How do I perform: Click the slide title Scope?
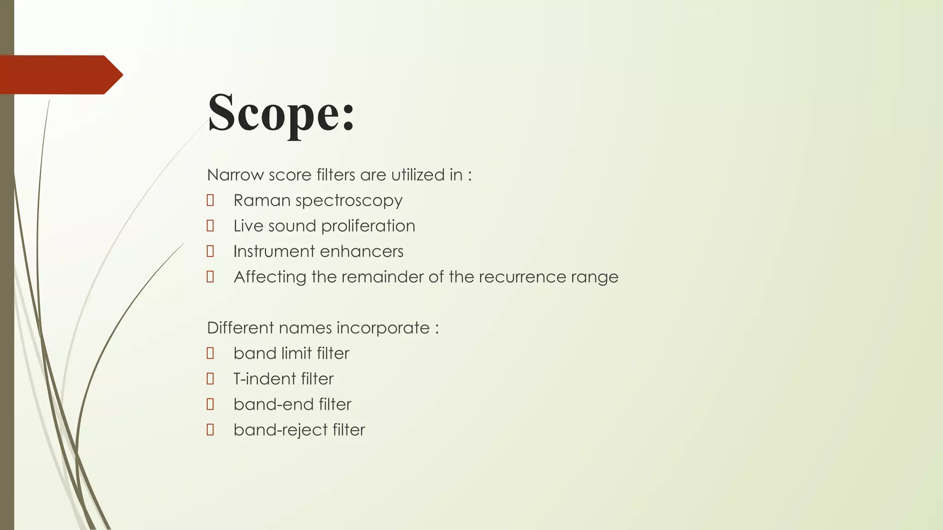[x=281, y=113]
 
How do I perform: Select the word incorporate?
[x=383, y=328]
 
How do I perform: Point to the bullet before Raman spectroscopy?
[x=210, y=200]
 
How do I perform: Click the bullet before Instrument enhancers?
[x=210, y=251]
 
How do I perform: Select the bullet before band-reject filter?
[x=210, y=430]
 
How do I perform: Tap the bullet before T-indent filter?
[x=210, y=379]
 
